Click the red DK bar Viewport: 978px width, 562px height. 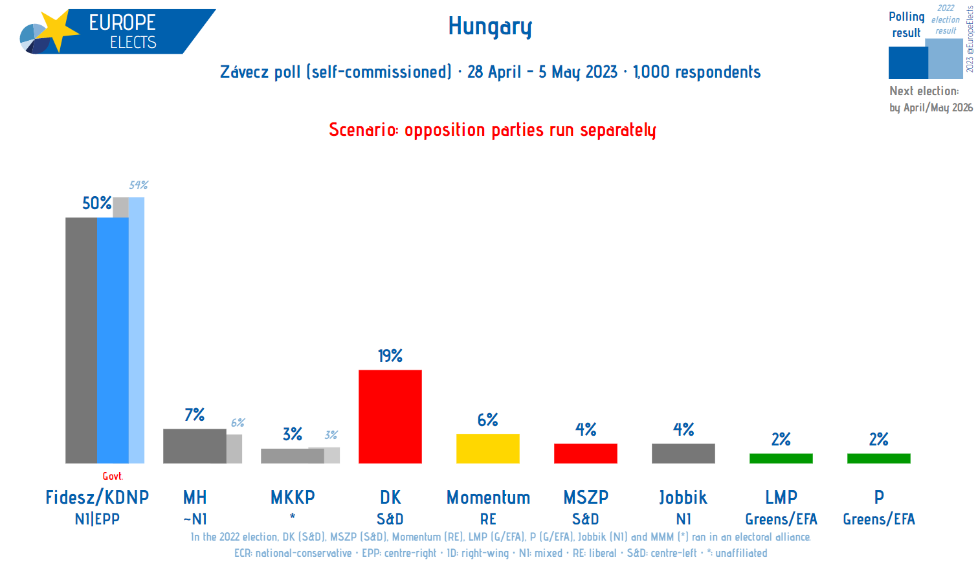[390, 416]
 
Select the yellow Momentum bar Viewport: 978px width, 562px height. [487, 448]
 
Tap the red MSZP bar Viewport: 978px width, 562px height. [585, 453]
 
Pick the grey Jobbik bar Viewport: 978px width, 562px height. [683, 453]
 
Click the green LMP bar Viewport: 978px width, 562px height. [781, 458]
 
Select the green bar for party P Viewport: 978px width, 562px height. [878, 458]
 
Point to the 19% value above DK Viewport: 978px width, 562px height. [390, 356]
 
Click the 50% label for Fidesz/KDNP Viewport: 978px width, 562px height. [96, 203]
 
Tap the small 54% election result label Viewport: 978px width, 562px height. [139, 185]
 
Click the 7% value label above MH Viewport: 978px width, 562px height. [194, 414]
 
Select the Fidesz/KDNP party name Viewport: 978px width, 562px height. [97, 497]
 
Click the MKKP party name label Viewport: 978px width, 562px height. [293, 497]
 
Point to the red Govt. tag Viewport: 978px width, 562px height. [113, 477]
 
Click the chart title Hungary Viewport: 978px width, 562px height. [490, 27]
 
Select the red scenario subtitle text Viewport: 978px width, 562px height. [492, 130]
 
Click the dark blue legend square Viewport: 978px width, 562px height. [907, 63]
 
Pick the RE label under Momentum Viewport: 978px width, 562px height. [488, 519]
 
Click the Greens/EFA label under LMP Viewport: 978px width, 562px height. [781, 519]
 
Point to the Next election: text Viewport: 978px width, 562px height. [924, 91]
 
